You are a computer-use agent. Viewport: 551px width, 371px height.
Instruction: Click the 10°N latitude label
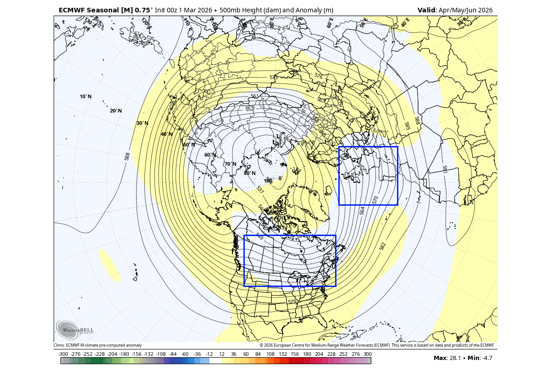tap(86, 96)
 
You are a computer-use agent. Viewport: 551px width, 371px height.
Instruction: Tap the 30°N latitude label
tap(143, 123)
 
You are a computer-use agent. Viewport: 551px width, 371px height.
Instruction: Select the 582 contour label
tap(383, 247)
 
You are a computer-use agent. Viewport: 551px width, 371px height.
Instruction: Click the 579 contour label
tap(292, 302)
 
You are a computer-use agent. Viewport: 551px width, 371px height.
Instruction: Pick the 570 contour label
tap(375, 200)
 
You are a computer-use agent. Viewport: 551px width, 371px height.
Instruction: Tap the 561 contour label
tap(255, 96)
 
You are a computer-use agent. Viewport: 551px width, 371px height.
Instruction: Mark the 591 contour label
tap(444, 169)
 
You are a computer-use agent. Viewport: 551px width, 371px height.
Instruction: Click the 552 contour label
tap(250, 109)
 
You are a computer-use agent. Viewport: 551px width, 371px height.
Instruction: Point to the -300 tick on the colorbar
tap(63, 354)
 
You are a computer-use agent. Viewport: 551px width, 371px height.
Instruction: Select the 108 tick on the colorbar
tap(270, 354)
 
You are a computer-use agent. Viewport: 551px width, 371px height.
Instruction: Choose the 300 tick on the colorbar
tap(367, 354)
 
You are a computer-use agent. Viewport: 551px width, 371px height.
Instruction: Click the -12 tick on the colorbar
tap(210, 354)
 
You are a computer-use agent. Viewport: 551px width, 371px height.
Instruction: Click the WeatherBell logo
tap(75, 329)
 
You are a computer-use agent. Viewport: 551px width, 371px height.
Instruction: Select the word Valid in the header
tap(427, 10)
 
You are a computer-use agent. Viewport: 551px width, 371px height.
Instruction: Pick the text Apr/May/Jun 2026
tap(466, 10)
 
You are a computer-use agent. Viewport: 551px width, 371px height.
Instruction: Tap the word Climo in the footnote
tap(59, 345)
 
